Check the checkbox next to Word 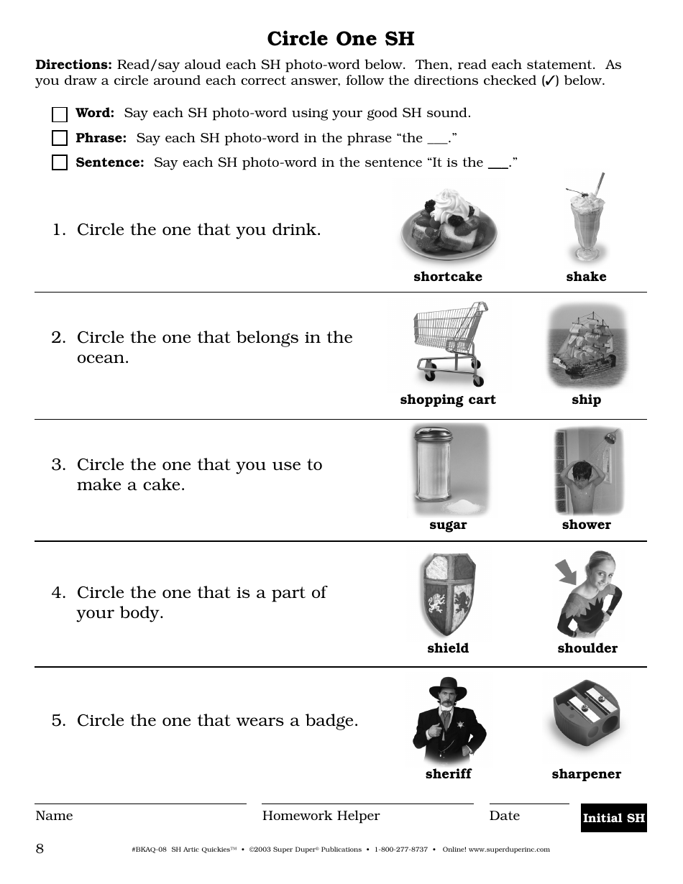[x=60, y=114]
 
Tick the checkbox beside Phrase [x=60, y=138]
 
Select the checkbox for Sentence [x=60, y=162]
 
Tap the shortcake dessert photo [x=448, y=226]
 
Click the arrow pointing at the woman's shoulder [x=567, y=572]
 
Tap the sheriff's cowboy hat [x=447, y=688]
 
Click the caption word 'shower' [x=586, y=525]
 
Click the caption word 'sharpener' [x=586, y=774]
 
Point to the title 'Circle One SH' [x=341, y=38]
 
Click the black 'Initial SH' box [x=613, y=818]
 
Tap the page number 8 [x=40, y=849]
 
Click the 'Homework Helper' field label [x=321, y=816]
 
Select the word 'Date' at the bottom [x=504, y=816]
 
